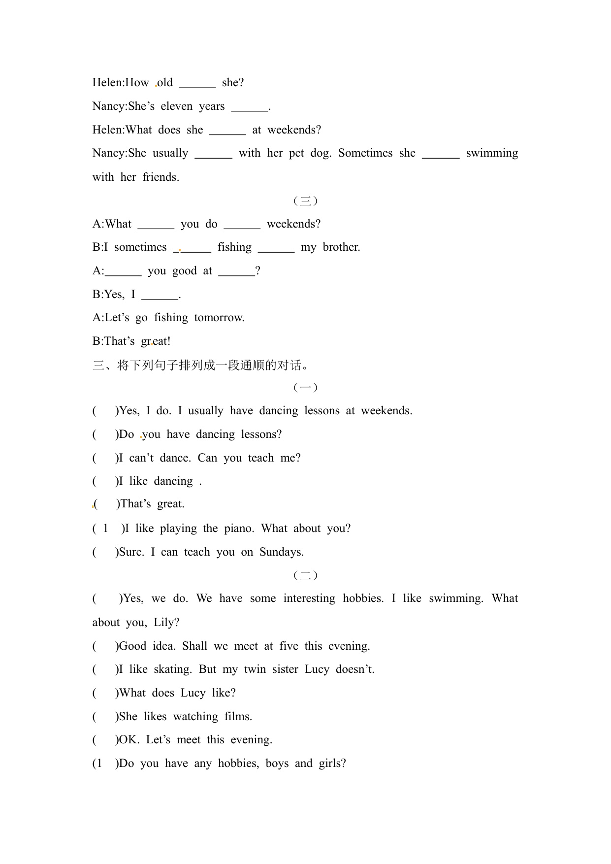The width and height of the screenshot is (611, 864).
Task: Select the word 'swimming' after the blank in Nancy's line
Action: point(492,153)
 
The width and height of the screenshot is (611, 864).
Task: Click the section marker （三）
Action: point(305,200)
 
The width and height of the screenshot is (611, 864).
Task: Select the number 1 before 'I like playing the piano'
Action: point(105,529)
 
